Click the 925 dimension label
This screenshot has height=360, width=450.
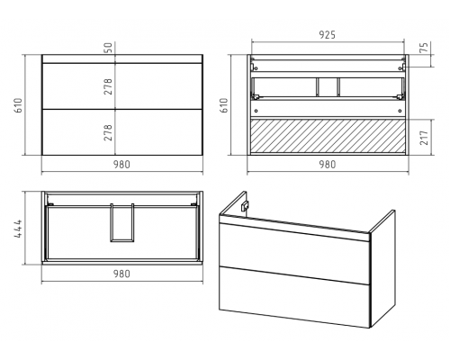coord(327,35)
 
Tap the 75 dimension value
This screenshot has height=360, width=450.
coord(424,48)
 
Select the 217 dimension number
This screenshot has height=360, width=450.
coord(424,138)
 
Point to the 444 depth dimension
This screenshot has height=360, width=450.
coord(18,229)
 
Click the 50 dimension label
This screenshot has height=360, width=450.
coord(108,48)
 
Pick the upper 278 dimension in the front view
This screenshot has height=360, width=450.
coord(108,86)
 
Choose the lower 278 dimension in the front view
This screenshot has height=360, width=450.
coord(108,132)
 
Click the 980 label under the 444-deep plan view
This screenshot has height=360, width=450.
coord(121,274)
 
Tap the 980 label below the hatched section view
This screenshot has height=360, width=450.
coord(327,165)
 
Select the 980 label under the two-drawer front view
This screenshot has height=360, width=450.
coord(121,165)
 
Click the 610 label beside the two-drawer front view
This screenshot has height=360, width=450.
coord(18,105)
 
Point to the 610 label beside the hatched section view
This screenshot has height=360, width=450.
coord(224,105)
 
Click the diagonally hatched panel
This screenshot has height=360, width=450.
coord(328,136)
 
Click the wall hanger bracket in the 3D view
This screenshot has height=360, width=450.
coord(244,206)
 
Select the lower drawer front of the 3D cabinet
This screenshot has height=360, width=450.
coord(294,296)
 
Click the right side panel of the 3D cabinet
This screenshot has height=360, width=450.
coord(382,268)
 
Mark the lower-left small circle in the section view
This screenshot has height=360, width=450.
coord(256,111)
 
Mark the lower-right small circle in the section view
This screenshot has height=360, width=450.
coord(400,111)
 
